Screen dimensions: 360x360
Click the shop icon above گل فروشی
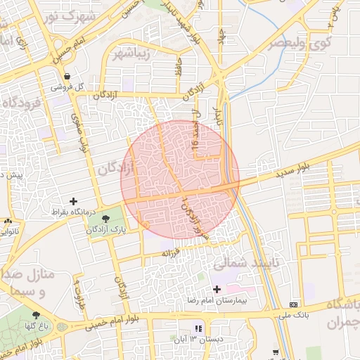[66, 76]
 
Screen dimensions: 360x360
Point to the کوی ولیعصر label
[289, 41]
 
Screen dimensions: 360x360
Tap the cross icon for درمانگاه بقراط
[73, 201]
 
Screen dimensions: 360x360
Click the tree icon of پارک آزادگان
[106, 218]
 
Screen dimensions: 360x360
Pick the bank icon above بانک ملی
[293, 304]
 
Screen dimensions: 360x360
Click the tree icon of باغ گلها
[36, 315]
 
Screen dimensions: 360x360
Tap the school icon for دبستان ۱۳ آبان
[199, 328]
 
